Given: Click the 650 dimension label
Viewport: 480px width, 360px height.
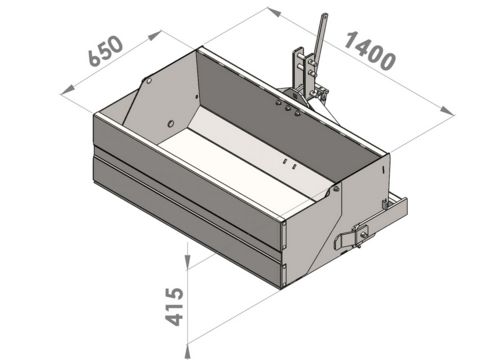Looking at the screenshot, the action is point(106,51).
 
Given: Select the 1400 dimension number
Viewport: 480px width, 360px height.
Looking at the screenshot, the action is point(370,51).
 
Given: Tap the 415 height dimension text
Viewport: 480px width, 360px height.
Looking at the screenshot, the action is point(175,307).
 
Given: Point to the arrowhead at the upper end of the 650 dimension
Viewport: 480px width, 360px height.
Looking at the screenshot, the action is point(155,35).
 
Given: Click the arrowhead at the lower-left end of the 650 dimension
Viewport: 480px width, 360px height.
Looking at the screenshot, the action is point(68,90).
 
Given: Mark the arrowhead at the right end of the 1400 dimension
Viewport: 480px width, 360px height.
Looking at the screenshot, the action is point(447,110).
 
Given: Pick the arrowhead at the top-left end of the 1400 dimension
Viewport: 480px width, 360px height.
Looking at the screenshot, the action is point(274,12).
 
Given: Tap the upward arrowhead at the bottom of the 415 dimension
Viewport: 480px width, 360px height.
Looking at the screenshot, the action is point(188,352).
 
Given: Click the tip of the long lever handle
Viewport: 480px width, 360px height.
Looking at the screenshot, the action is point(324,15).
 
